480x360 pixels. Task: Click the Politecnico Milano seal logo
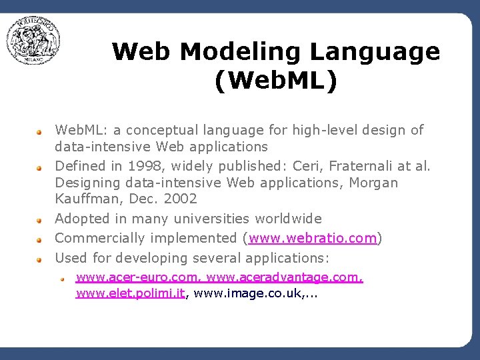pos(33,41)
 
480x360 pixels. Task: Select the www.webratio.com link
pos(313,238)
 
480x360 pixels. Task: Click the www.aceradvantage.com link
pos(285,277)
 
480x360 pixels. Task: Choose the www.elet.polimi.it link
pos(130,293)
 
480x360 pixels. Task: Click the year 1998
pos(142,165)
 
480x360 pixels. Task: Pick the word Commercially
pos(100,238)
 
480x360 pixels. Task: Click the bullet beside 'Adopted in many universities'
pos(40,219)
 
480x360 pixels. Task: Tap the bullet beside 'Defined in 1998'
pos(40,165)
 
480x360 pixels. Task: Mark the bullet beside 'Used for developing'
pos(40,258)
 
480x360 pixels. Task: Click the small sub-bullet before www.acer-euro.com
pos(61,277)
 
